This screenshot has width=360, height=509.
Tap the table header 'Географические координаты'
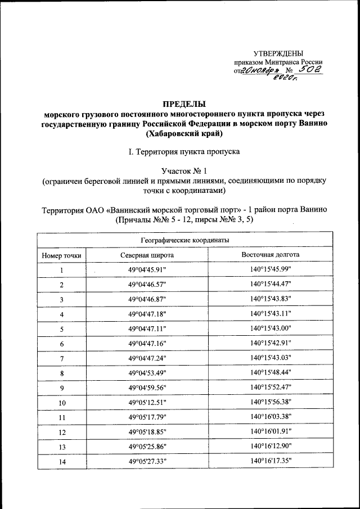click(x=184, y=240)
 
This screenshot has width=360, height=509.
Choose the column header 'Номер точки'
click(x=61, y=255)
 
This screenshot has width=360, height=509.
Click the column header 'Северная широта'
click(x=147, y=255)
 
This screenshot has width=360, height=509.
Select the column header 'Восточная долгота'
click(x=270, y=255)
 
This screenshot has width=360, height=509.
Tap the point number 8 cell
click(x=61, y=373)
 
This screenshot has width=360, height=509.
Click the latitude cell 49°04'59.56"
click(x=147, y=388)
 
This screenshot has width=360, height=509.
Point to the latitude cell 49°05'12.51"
click(x=147, y=402)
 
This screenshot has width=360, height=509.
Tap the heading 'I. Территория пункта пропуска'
click(x=184, y=152)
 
